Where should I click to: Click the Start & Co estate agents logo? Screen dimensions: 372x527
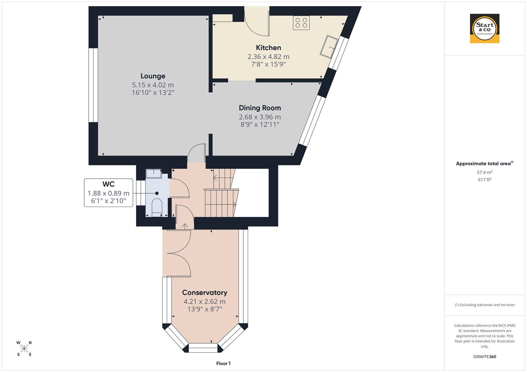[x=485, y=28]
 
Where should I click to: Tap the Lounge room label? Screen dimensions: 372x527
[x=153, y=76]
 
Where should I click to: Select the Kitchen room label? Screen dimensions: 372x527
[x=268, y=48]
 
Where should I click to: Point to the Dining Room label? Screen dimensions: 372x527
[x=260, y=108]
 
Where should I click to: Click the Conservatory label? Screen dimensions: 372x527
[x=205, y=292]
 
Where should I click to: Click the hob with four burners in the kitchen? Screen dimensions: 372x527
[x=301, y=23]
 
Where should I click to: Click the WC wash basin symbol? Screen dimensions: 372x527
[x=154, y=173]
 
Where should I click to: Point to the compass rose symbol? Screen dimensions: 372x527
[x=24, y=349]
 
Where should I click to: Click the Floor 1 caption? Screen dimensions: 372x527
[x=223, y=363]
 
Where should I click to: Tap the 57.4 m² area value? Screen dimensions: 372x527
[x=485, y=172]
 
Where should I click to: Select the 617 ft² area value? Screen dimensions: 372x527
[x=485, y=179]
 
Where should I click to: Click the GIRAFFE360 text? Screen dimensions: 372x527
[x=485, y=356]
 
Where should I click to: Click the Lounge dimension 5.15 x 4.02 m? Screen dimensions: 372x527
[x=153, y=85]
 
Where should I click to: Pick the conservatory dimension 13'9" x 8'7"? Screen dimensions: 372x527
[x=205, y=309]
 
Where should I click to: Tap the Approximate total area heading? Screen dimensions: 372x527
[x=483, y=164]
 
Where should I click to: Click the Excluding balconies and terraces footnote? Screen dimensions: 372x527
[x=485, y=305]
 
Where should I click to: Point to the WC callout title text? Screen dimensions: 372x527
[x=108, y=184]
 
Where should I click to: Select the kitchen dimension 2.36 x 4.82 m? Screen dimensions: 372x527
[x=268, y=56]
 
